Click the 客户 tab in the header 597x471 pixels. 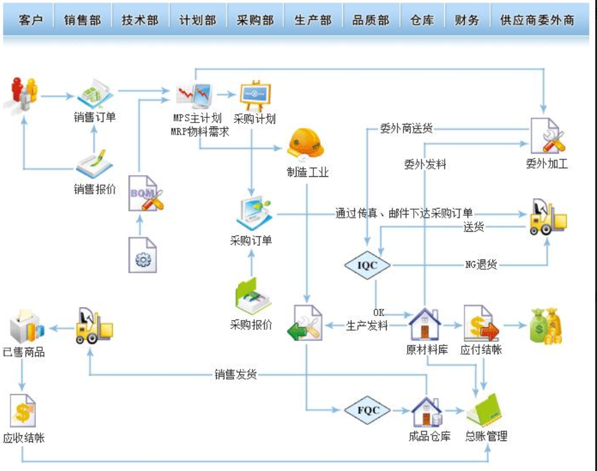click(x=31, y=20)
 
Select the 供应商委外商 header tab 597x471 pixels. click(x=537, y=20)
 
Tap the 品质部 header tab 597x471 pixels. click(x=370, y=20)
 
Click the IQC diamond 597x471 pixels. click(x=367, y=265)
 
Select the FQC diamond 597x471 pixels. click(x=368, y=411)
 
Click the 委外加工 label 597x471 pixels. click(x=547, y=164)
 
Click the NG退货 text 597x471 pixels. click(x=481, y=265)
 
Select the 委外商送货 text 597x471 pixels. click(x=406, y=129)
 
